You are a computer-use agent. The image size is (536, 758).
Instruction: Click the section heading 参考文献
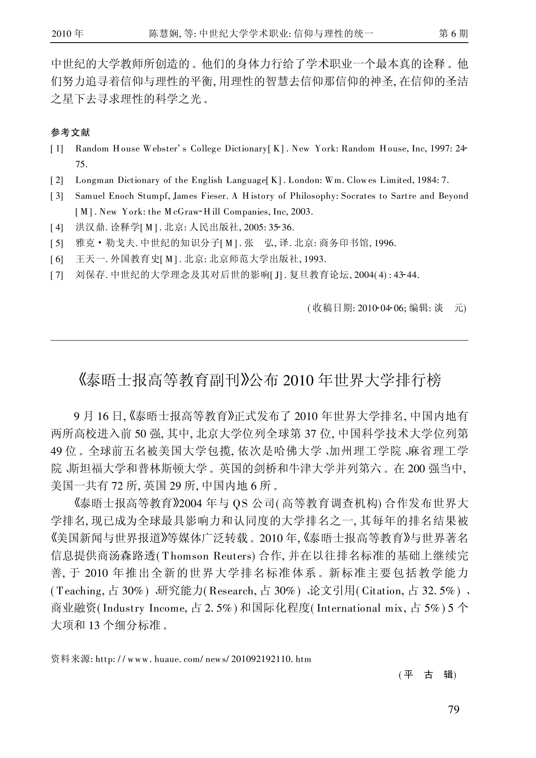point(70,132)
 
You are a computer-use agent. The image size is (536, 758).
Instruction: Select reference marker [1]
point(57,149)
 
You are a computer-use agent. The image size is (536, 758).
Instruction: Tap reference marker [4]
point(57,227)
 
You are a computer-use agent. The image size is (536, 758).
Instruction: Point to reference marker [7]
point(57,275)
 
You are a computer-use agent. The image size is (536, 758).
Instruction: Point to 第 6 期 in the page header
point(453,34)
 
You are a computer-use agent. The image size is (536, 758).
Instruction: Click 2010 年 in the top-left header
point(68,34)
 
